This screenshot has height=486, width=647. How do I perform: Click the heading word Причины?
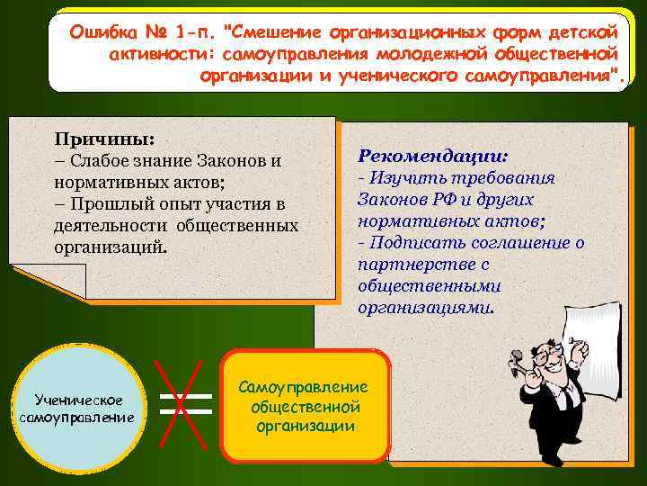[x=104, y=139]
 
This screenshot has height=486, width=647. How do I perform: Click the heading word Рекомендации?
[x=433, y=155]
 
